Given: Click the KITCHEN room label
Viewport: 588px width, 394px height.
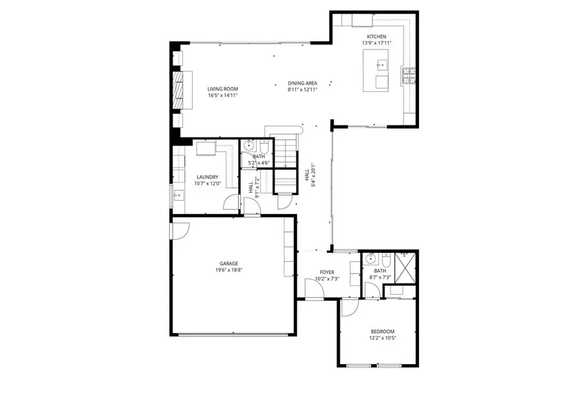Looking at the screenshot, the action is tap(377, 37).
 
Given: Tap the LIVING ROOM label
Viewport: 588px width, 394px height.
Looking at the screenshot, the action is tap(223, 89).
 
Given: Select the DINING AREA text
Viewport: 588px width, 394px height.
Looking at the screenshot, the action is tap(303, 83).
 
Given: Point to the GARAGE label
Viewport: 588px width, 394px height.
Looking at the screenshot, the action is tap(229, 264).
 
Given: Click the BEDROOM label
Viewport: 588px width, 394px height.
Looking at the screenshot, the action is tap(382, 332).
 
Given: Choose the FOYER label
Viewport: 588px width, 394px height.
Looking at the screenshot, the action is tap(327, 272).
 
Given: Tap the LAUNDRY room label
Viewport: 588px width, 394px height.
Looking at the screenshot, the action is tap(207, 177).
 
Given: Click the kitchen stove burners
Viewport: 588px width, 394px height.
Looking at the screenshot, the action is tap(409, 75).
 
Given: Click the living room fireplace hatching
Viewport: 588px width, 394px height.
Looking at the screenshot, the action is tap(177, 90).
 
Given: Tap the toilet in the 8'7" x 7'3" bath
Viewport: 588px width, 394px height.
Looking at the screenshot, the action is tap(386, 260).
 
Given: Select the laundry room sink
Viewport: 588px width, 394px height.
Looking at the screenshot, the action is tap(179, 195).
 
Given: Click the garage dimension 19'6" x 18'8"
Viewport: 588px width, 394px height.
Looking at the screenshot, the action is tap(229, 270).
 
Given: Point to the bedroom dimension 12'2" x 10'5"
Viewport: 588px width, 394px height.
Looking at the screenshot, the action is tap(382, 338).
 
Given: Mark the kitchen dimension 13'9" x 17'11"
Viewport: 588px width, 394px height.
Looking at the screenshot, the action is tap(377, 43).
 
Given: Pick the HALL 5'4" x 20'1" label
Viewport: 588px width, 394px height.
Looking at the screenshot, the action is tap(310, 175).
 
